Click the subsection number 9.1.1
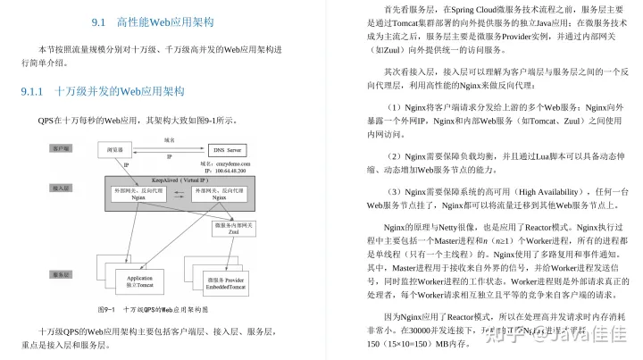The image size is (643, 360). click(38, 91)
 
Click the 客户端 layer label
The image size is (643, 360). click(61, 147)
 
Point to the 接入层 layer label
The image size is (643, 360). click(61, 188)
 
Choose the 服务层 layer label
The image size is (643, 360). click(61, 273)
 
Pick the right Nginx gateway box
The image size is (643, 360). click(219, 197)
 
